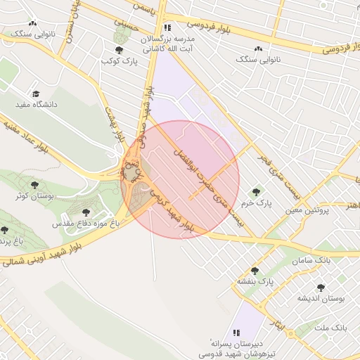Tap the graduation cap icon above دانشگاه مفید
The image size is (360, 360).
point(35,94)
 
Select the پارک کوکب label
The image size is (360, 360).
point(117,61)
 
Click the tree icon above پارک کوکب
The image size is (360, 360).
point(119,50)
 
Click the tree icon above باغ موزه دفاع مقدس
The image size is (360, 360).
point(86,211)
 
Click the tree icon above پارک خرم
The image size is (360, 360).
point(255,191)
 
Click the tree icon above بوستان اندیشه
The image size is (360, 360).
point(321,288)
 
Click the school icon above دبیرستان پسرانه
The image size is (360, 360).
point(236,332)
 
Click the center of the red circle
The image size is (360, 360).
point(180,179)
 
